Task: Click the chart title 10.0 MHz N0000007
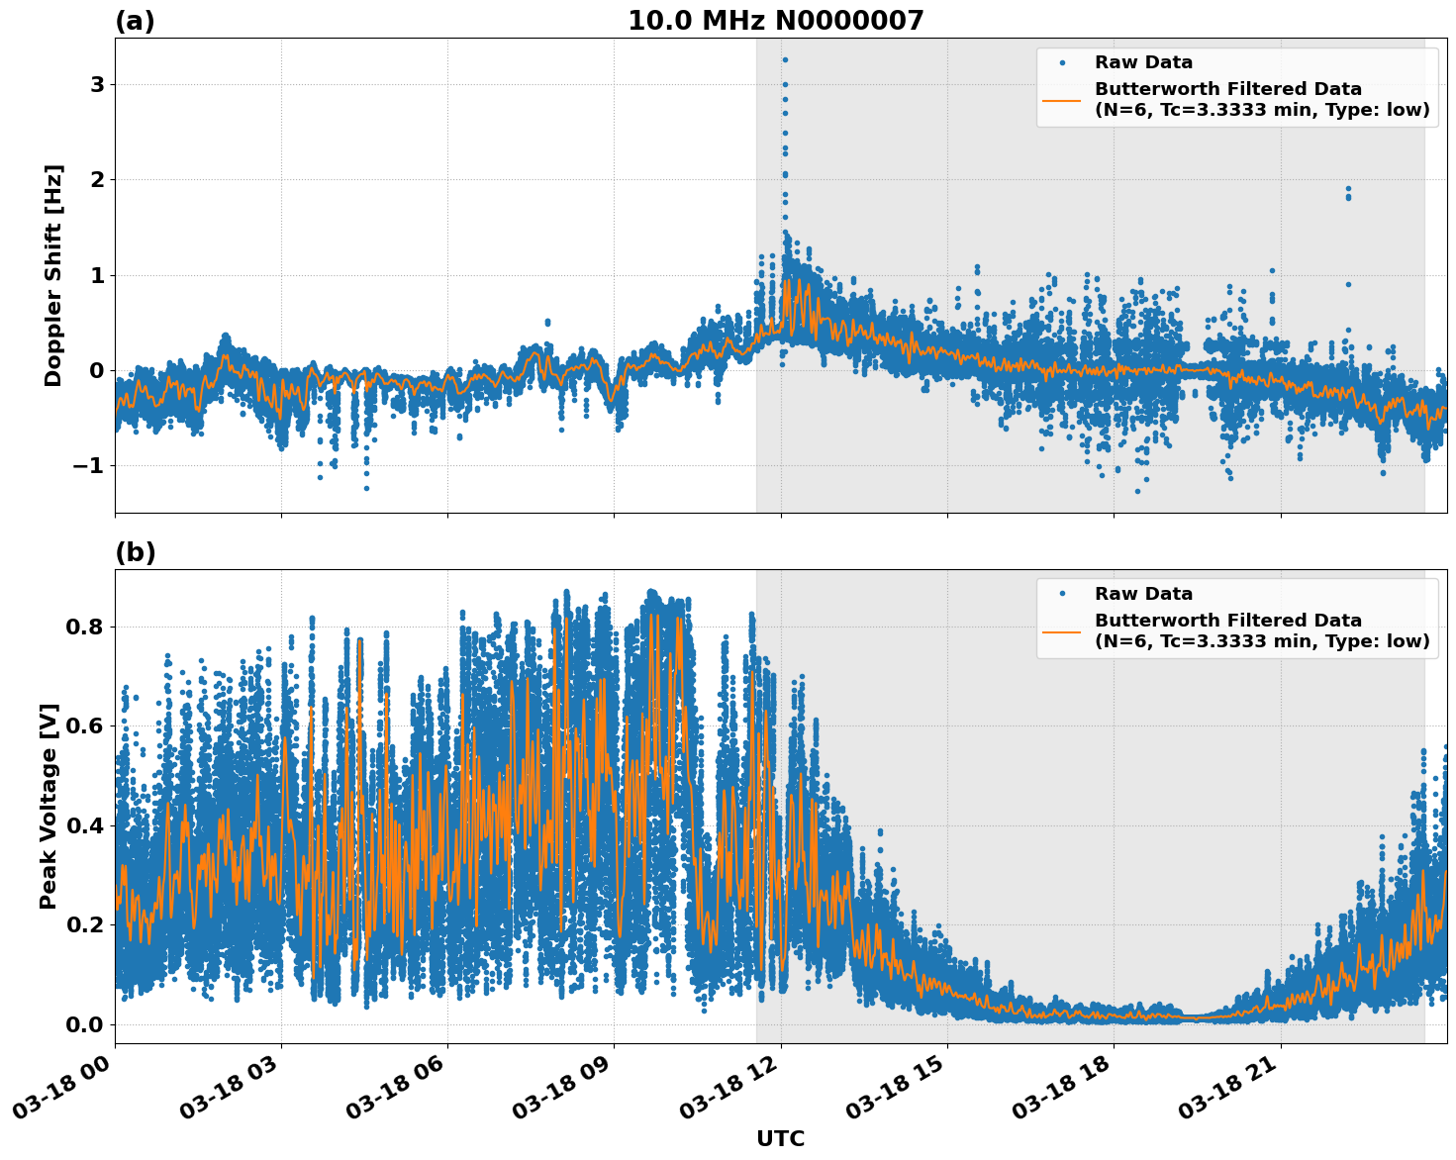coord(775,21)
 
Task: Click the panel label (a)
coord(135,21)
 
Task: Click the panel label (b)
coord(135,552)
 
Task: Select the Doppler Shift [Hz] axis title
coord(53,275)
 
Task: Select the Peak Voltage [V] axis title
coord(49,806)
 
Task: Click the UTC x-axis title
coord(780,1138)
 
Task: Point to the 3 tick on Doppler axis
coord(97,85)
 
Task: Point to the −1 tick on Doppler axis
coord(90,466)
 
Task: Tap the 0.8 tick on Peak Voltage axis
coord(85,628)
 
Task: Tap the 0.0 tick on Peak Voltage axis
coord(85,1024)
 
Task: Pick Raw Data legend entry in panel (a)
coord(1143,62)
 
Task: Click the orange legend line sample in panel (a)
coord(1062,100)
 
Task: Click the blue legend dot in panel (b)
coord(1062,594)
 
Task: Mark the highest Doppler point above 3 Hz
coord(785,59)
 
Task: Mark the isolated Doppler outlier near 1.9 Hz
coord(1347,189)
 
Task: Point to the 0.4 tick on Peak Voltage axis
coord(85,825)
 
